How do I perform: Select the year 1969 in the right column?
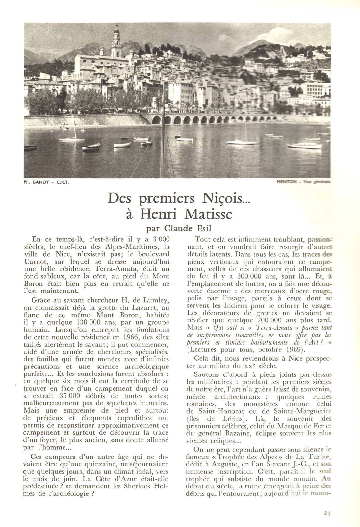[x=295, y=349]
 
